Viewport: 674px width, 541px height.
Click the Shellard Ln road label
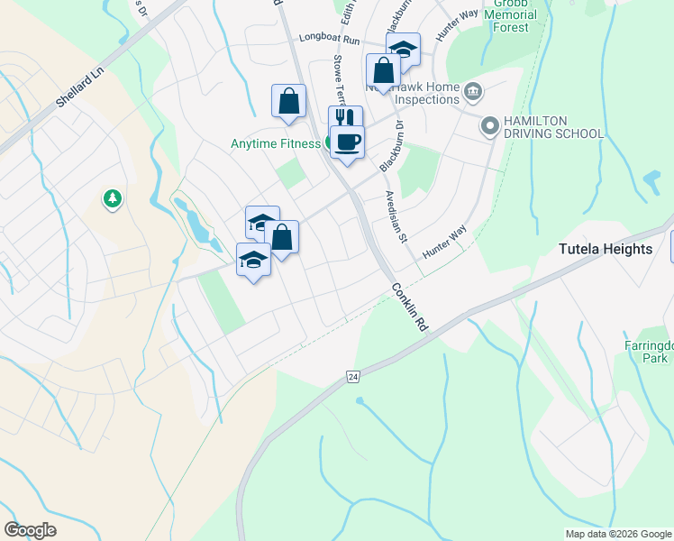point(80,86)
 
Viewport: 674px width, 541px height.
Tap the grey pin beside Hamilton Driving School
point(490,126)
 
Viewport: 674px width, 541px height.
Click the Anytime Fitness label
point(275,143)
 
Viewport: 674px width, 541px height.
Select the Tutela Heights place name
point(605,249)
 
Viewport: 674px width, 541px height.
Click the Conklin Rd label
point(408,308)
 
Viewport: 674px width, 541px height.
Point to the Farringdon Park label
point(646,351)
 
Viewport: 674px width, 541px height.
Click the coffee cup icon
point(347,141)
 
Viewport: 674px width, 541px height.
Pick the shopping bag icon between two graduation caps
point(281,238)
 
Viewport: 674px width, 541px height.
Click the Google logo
point(30,530)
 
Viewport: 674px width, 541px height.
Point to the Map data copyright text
point(616,534)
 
